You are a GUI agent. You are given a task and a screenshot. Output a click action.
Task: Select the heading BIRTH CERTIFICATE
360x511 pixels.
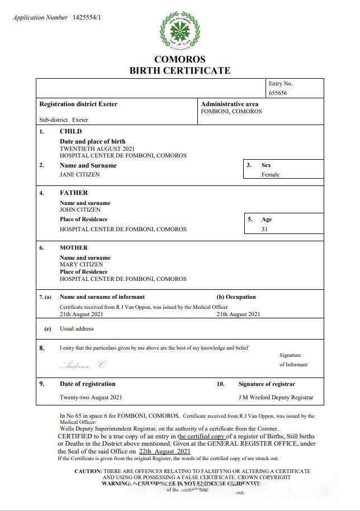179,70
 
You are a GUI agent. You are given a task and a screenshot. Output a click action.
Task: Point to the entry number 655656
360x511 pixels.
278,93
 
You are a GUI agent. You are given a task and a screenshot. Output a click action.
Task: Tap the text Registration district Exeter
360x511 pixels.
78,104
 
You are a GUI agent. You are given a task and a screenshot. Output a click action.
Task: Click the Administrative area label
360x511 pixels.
229,104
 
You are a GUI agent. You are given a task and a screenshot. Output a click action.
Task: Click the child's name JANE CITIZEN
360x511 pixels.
80,174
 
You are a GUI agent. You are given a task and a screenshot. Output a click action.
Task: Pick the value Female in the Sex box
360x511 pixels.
270,174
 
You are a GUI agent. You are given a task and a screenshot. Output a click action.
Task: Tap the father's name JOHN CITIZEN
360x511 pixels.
80,209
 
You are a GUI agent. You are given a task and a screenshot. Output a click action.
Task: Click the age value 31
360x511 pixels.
264,229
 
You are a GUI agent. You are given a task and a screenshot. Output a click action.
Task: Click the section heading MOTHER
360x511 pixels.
74,247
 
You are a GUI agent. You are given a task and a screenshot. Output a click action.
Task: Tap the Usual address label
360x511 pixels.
77,329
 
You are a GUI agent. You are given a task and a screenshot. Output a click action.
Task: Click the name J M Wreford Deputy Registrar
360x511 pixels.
276,398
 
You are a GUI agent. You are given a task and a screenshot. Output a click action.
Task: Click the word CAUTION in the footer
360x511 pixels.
88,471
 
